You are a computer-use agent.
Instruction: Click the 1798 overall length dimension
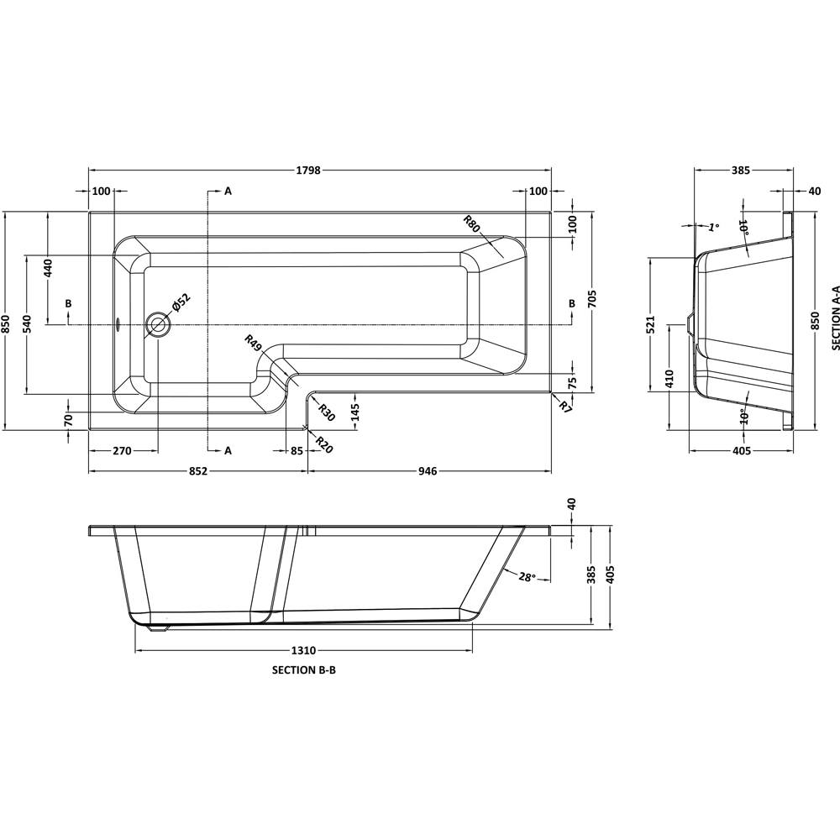308,171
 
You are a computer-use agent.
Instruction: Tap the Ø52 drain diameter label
181,303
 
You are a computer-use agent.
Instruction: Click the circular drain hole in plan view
158,324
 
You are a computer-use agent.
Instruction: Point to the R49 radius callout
252,343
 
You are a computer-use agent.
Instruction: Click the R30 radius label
326,412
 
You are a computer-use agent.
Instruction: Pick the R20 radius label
324,444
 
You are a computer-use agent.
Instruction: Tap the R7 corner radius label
565,407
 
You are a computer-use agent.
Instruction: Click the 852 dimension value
197,471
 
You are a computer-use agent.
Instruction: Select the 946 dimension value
428,471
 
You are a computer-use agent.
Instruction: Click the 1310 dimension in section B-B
303,651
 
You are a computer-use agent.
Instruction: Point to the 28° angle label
528,577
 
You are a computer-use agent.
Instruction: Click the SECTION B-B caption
304,670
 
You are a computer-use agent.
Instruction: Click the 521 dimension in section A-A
651,323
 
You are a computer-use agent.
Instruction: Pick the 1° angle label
713,227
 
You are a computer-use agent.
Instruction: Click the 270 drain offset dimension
122,451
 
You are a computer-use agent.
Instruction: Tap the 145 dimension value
355,412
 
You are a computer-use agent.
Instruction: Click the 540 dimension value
28,324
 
